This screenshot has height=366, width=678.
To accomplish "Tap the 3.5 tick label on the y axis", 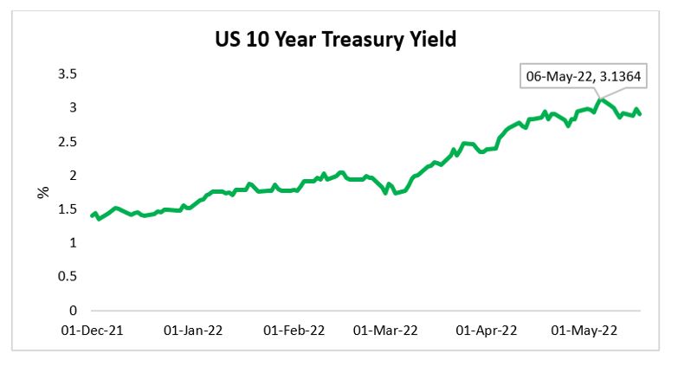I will [67, 74].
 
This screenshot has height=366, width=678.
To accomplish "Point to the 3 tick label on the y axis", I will [73, 108].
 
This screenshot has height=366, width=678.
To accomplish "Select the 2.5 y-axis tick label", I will [67, 142].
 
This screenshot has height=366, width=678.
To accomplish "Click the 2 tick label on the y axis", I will [73, 176].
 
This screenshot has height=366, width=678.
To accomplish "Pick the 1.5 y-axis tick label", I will [67, 209].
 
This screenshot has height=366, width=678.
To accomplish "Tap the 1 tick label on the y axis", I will [73, 243].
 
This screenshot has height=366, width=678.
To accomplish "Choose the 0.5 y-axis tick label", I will [67, 277].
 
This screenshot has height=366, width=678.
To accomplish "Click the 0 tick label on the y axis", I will [73, 311].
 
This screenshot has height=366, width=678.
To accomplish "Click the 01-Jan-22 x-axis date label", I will [193, 330].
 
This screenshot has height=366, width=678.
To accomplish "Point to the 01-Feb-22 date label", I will [294, 330].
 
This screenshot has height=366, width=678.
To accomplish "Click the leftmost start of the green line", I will [92, 215].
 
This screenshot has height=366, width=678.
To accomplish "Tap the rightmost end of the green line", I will [640, 114].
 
